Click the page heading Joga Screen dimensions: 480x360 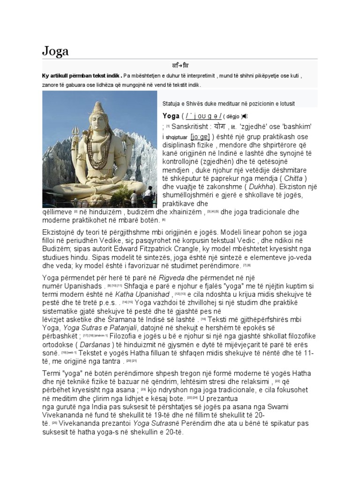tap(55, 50)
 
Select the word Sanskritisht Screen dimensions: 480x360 tap(191, 127)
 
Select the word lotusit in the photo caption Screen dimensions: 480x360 tap(282, 103)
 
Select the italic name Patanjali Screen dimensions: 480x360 tap(114, 327)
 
